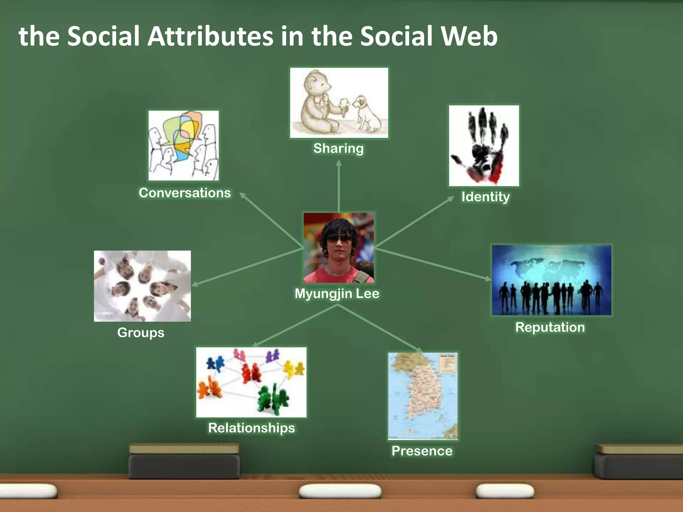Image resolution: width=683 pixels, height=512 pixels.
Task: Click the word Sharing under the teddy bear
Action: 338,148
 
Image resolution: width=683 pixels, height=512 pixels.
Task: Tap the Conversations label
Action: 185,193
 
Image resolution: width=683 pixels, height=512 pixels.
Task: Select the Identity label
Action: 485,197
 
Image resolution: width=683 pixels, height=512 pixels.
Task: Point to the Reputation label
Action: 550,327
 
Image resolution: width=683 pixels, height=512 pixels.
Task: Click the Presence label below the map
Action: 422,451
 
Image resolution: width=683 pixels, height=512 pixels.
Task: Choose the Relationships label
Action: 251,428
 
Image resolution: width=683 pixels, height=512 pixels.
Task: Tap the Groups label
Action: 141,333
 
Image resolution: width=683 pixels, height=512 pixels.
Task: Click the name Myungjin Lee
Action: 337,294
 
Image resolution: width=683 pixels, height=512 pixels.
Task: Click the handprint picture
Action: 484,146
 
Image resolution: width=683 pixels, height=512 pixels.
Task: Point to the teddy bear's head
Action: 317,83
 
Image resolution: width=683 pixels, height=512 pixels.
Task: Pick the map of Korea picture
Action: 423,396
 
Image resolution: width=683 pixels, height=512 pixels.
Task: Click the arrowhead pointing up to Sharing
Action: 339,163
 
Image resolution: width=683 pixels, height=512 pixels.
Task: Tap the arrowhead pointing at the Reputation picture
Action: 488,278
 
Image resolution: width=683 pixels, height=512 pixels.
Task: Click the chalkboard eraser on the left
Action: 184,462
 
